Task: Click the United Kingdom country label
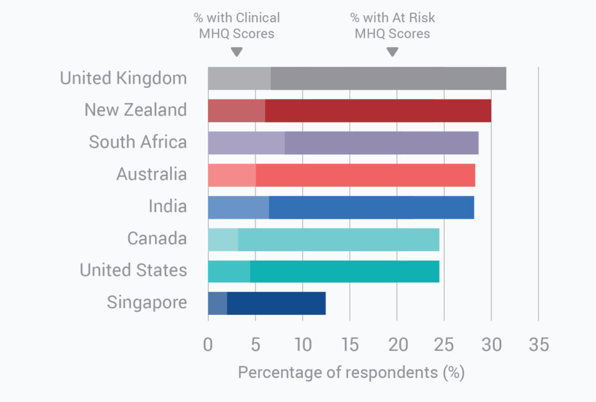coord(123,79)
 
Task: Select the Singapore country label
coord(147,303)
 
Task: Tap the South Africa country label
coord(138,143)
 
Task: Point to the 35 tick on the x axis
coord(538,345)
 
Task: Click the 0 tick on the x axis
coord(208,345)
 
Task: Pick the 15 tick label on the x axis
coord(349,345)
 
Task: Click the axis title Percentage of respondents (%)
coord(351,372)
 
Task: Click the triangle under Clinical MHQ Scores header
coord(236,52)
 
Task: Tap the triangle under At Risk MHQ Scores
coord(392,52)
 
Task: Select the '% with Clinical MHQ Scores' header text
coord(236,26)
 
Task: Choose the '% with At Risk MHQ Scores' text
coord(392,26)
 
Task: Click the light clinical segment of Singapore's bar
coord(217,303)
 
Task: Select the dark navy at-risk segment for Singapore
coord(276,303)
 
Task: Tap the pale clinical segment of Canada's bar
coord(223,239)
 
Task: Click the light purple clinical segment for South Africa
coord(246,143)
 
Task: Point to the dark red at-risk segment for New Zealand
coord(378,111)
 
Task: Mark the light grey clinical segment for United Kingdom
coord(239,79)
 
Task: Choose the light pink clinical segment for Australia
coord(232,175)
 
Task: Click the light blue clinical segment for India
coord(238,207)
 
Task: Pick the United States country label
coord(133,271)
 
